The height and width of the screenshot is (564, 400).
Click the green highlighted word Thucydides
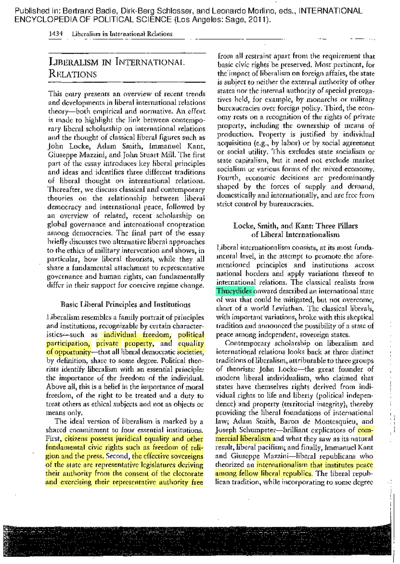(234, 291)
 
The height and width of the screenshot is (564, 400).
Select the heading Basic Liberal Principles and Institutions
(125, 304)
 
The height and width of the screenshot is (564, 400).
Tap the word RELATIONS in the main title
(73, 74)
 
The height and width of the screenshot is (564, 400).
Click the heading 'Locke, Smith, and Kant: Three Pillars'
(295, 226)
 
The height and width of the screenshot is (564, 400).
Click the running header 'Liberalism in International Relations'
(122, 34)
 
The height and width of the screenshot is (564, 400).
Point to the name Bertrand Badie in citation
(84, 11)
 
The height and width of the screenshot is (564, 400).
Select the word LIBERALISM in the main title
(74, 62)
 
